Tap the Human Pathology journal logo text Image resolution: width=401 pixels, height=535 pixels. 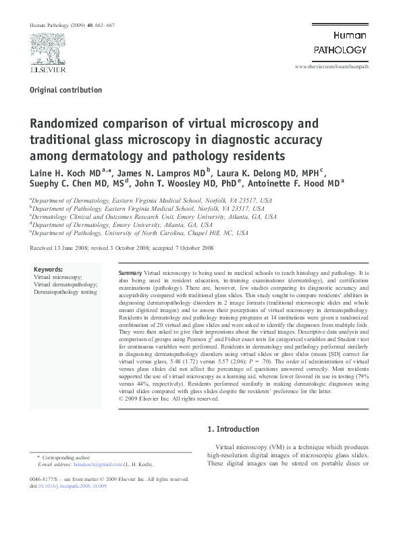(340, 43)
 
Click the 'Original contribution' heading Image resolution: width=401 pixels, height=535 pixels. (65, 90)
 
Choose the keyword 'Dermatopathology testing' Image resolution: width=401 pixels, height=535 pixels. (65, 293)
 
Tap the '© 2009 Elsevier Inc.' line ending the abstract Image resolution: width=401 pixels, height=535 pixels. (168, 399)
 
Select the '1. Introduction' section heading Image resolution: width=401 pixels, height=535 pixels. (233, 429)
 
